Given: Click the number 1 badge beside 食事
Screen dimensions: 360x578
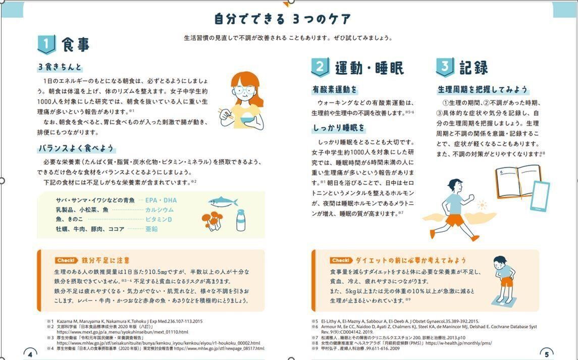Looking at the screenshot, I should click(46, 45).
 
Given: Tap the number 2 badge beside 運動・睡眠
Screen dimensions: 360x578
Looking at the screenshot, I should click(320, 67).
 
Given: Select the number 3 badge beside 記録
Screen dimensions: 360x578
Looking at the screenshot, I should click(445, 67).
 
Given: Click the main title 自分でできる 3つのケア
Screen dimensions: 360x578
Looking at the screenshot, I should click(282, 20).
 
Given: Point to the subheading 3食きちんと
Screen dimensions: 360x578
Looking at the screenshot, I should click(60, 67).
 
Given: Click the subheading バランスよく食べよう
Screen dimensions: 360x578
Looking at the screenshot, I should click(76, 148).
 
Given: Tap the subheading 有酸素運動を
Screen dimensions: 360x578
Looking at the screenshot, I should click(335, 90).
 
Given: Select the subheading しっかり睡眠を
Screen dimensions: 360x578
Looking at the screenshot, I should click(339, 128).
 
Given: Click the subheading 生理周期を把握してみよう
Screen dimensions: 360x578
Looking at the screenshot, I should click(483, 90).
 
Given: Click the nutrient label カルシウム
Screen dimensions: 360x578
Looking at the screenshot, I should click(159, 210).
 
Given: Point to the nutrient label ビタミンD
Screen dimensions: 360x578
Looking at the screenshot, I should click(159, 220).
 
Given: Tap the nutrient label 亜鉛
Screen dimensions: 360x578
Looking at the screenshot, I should click(151, 229).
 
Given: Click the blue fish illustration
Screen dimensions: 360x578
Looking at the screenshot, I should click(223, 201).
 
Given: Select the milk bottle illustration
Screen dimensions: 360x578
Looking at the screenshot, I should click(241, 221).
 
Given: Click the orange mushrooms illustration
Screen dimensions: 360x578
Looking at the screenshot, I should click(212, 220).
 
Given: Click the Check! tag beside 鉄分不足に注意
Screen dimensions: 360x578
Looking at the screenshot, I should click(67, 261).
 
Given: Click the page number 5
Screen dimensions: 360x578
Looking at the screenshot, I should click(547, 354).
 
